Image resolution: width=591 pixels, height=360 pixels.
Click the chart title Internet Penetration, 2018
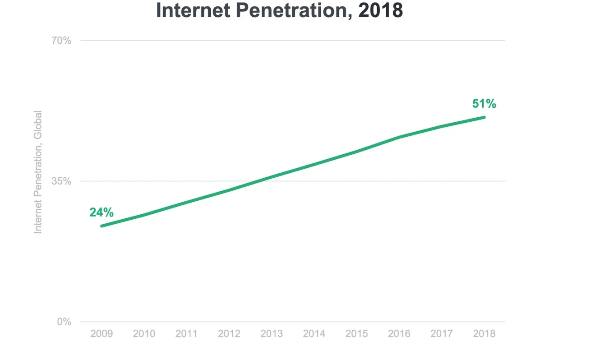click(x=279, y=10)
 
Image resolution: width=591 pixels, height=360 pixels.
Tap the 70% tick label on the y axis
click(x=61, y=41)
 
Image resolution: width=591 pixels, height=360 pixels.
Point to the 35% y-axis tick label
click(x=61, y=181)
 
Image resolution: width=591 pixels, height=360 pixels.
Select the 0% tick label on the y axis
click(x=64, y=322)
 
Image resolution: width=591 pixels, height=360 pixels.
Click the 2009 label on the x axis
click(x=102, y=334)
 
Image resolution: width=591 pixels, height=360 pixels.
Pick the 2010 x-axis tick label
click(x=144, y=334)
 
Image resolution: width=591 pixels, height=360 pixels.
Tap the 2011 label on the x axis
click(x=186, y=334)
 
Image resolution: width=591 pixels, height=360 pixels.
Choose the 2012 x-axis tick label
click(x=229, y=334)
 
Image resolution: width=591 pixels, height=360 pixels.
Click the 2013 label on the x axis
click(x=272, y=334)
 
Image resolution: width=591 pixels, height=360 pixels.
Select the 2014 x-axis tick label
click(x=314, y=334)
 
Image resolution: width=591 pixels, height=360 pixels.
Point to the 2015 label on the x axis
click(x=356, y=334)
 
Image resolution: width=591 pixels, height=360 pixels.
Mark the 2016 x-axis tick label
click(x=399, y=334)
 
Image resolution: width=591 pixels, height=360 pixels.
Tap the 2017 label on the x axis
click(x=442, y=334)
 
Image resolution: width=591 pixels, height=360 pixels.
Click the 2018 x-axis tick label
click(x=484, y=334)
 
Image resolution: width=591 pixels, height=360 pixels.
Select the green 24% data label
click(x=102, y=212)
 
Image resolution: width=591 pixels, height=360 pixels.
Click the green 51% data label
click(x=484, y=104)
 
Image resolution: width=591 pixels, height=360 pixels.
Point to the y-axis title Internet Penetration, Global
click(x=38, y=172)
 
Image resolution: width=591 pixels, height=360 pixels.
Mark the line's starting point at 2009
click(x=102, y=226)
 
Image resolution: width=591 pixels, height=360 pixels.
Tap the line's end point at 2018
click(x=484, y=117)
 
